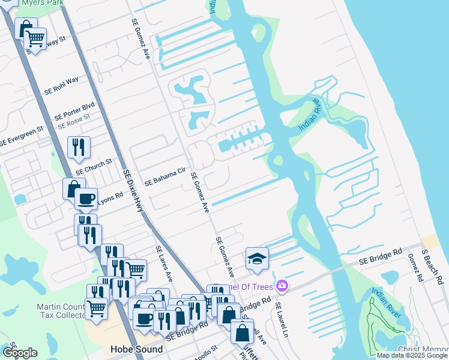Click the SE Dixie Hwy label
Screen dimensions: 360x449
pos(134,193)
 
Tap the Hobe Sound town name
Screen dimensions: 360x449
pos(136,349)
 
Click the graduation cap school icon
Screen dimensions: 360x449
pos(257,259)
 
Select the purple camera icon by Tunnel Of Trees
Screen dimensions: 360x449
pos(281,286)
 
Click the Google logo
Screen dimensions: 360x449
pos(20,353)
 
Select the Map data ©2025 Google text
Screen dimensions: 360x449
pos(412,355)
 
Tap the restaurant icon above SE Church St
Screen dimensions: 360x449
pos(79,147)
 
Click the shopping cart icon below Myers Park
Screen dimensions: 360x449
pos(35,40)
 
